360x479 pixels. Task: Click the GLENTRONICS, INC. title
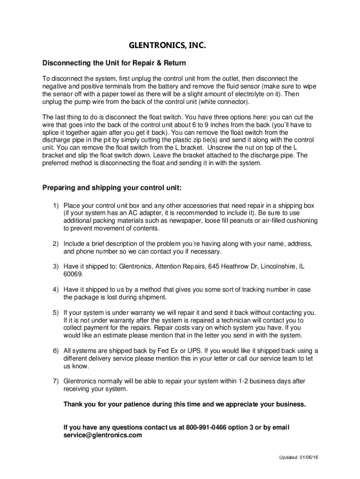(x=167, y=46)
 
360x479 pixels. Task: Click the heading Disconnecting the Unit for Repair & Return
(x=114, y=63)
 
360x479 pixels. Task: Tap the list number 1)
(x=56, y=205)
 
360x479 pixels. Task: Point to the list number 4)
(x=56, y=290)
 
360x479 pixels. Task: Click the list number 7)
(x=56, y=381)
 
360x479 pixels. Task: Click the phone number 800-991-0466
(x=206, y=428)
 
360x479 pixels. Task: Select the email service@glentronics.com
(x=102, y=435)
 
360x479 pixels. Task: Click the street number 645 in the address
(x=215, y=266)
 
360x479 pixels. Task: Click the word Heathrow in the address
(x=236, y=266)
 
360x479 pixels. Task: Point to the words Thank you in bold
(x=79, y=404)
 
